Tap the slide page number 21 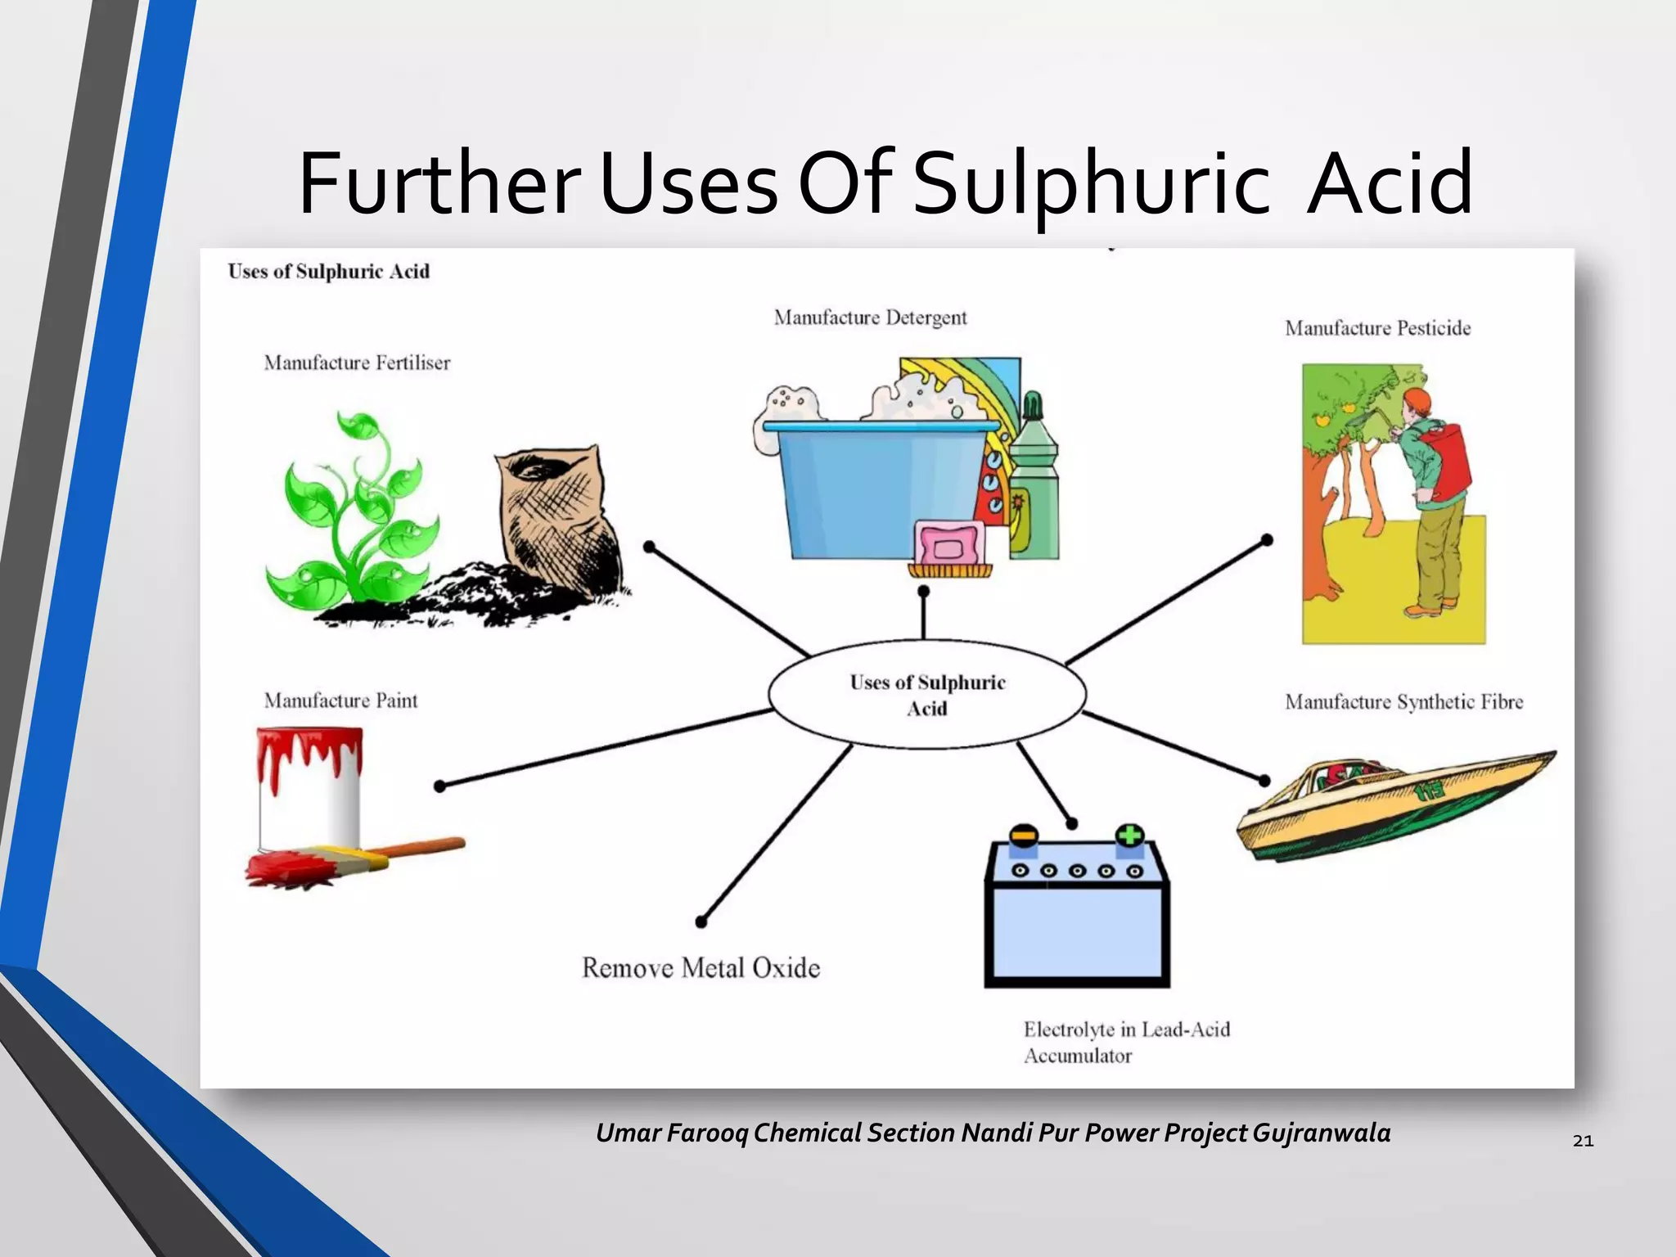pyautogui.click(x=1583, y=1141)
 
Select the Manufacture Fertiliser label pyautogui.click(x=357, y=363)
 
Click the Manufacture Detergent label pyautogui.click(x=870, y=318)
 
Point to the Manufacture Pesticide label pyautogui.click(x=1377, y=328)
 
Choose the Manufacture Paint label pyautogui.click(x=340, y=701)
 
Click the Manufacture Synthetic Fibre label pyautogui.click(x=1403, y=702)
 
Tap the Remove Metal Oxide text pyautogui.click(x=701, y=968)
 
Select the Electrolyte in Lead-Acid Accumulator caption pyautogui.click(x=1126, y=1042)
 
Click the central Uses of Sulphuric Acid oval pyautogui.click(x=927, y=695)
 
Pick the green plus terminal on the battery pyautogui.click(x=1129, y=836)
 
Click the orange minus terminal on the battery pyautogui.click(x=1023, y=836)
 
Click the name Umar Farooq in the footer pyautogui.click(x=671, y=1133)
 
